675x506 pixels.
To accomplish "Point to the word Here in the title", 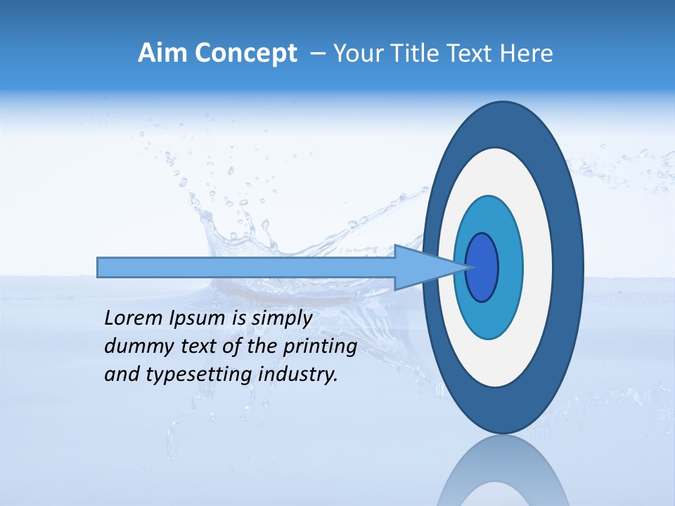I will tap(527, 53).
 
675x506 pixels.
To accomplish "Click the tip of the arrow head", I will tap(468, 267).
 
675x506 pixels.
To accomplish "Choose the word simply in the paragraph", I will tap(281, 319).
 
